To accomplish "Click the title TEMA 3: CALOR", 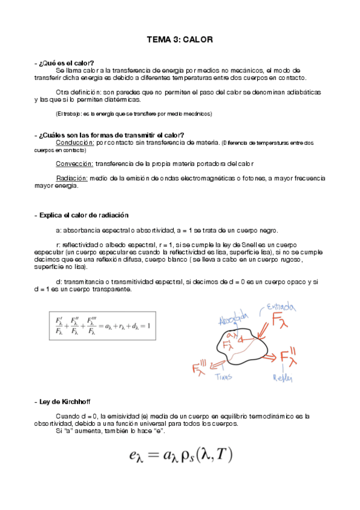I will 180,40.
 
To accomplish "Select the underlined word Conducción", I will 75,143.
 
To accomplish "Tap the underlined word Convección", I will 75,163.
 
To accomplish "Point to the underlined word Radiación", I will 72,178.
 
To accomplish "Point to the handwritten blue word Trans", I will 223,376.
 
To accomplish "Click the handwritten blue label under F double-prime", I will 283,378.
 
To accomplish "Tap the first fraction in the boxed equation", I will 59,326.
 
